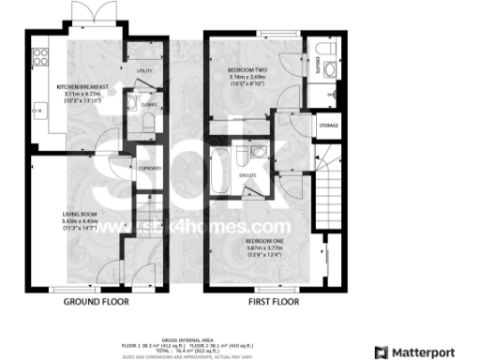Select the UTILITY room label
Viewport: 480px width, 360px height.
point(144,70)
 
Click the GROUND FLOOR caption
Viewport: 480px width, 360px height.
point(96,303)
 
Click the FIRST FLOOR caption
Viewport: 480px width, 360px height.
point(273,303)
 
